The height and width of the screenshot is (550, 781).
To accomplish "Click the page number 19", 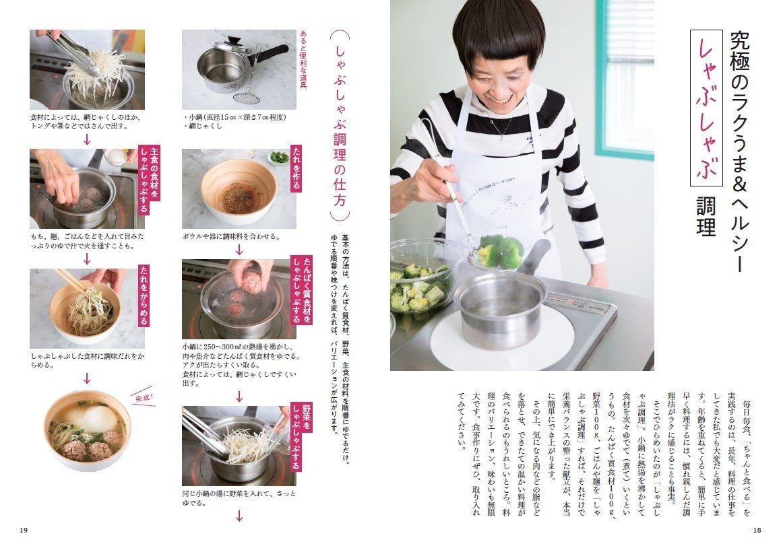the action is click(24, 530).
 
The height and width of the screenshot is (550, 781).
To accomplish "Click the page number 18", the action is click(757, 530).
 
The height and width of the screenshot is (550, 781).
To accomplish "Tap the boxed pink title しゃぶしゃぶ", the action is click(706, 108).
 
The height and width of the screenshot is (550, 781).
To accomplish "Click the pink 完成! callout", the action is click(144, 398).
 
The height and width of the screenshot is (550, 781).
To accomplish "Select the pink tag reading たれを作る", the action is click(296, 169).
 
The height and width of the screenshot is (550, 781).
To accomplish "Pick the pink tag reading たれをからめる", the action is click(144, 296).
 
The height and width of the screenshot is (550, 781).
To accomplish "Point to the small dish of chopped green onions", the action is click(279, 158).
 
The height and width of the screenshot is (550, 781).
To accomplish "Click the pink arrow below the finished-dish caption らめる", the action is click(87, 379).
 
